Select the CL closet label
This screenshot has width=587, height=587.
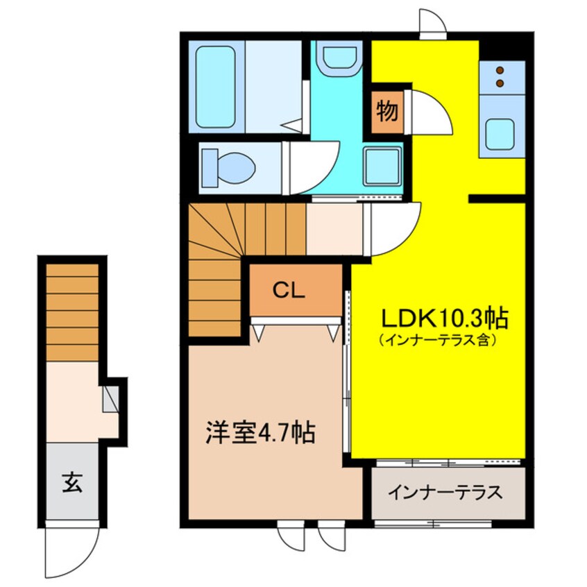coord(289,291)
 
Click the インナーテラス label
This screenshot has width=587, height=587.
coord(444,493)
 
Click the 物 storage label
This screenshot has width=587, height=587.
coord(387,111)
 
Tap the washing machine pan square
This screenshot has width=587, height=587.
coord(382,167)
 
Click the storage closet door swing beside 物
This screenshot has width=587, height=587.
coord(426,111)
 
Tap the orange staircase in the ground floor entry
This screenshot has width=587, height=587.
coord(72,312)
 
